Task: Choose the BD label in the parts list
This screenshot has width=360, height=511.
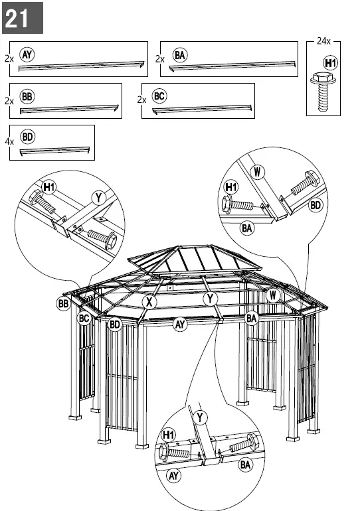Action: [27, 137]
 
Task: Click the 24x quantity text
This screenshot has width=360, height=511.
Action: [323, 41]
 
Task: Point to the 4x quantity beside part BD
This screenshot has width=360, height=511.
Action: [9, 142]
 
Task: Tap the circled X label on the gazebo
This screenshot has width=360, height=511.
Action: [150, 302]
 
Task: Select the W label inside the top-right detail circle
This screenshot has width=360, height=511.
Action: [258, 173]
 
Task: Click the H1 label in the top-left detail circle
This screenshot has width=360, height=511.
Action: [50, 187]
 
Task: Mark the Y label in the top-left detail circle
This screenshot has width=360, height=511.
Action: [99, 197]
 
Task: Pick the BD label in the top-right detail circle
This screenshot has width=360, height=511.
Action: [315, 205]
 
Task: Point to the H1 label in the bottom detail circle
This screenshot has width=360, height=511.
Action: [169, 435]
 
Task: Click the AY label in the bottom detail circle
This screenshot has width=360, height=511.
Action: [173, 476]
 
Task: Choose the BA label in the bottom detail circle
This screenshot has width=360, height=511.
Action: [245, 464]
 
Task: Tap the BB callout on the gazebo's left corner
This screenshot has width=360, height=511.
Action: [63, 304]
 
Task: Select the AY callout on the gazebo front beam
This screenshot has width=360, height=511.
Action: [179, 325]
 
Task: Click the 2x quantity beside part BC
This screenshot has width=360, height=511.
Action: [141, 100]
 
